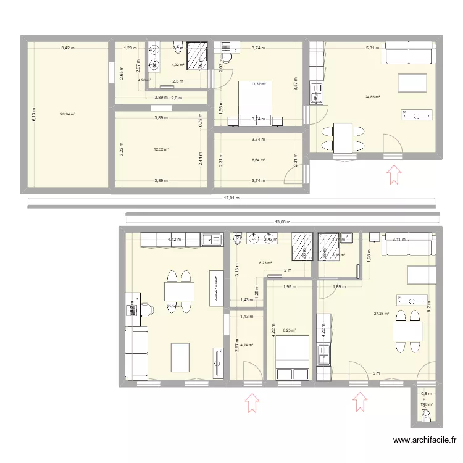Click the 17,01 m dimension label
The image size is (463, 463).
[231, 199]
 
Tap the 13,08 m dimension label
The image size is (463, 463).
[281, 222]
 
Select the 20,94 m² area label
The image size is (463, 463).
[67, 114]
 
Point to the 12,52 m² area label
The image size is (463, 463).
[161, 149]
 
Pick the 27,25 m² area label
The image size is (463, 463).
[382, 314]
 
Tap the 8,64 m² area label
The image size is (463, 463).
[258, 161]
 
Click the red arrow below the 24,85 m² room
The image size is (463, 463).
[393, 174]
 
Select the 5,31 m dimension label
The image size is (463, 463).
[372, 48]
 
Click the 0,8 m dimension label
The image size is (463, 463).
[425, 393]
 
